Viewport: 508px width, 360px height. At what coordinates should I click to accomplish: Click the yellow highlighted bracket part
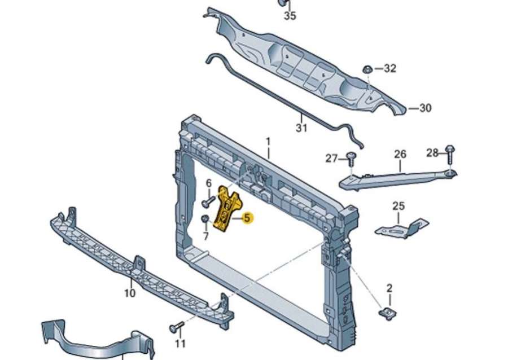(x=228, y=209)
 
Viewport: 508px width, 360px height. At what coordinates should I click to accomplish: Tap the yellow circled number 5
(x=247, y=218)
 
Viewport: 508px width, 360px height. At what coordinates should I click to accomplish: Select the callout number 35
(x=290, y=16)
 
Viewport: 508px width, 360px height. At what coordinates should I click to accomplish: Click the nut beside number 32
(x=366, y=69)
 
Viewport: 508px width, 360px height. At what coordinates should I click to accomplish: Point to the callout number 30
(x=425, y=107)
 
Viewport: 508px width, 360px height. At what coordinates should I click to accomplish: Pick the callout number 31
(x=302, y=129)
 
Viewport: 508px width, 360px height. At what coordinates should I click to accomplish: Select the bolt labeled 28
(x=450, y=152)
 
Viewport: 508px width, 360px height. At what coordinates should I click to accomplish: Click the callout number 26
(x=400, y=153)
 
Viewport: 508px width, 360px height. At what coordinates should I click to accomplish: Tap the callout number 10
(x=129, y=293)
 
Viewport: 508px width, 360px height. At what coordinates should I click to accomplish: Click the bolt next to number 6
(x=206, y=201)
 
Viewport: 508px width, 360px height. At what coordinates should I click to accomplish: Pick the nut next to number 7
(x=205, y=218)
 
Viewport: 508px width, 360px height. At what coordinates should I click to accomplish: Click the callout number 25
(x=398, y=205)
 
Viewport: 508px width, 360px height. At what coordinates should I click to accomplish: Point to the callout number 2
(x=389, y=289)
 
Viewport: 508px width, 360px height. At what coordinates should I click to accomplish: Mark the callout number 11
(x=180, y=343)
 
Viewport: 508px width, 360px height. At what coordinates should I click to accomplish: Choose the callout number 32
(x=390, y=69)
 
